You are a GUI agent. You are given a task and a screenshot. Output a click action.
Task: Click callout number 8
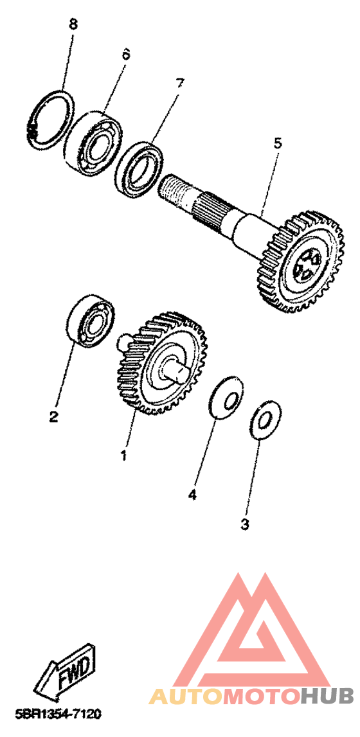pos(73,24)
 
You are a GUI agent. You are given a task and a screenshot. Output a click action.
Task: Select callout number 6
pos(125,54)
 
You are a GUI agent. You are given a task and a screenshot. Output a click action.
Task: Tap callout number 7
pos(180,84)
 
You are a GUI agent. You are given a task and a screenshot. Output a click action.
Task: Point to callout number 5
pos(278,143)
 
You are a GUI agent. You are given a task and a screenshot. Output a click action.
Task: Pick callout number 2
pos(55,416)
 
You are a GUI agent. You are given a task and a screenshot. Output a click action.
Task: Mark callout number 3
pos(244,523)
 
